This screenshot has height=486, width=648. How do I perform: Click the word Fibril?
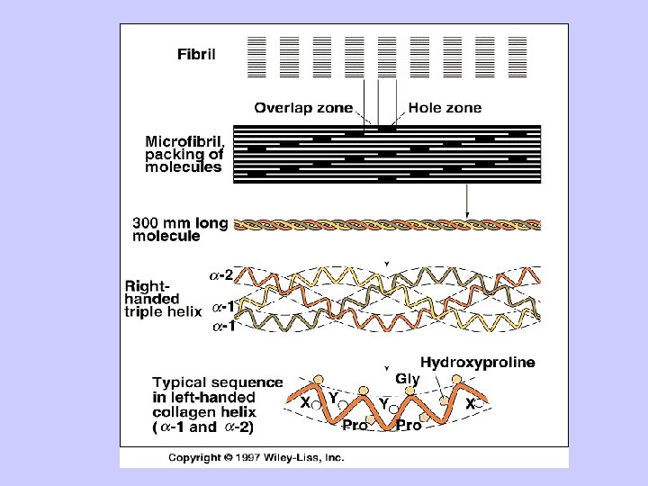[195, 53]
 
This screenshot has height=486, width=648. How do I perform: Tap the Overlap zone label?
[303, 108]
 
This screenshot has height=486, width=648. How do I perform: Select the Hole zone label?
[445, 108]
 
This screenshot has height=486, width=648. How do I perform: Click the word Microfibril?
[190, 141]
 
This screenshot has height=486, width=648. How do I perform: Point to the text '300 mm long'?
[178, 222]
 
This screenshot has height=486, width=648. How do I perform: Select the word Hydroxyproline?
[477, 363]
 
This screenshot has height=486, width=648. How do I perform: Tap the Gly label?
[408, 379]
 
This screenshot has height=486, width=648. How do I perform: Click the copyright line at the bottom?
[256, 456]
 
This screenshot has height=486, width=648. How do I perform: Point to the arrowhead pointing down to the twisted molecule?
[467, 211]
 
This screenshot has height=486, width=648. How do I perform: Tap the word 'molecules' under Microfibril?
[184, 167]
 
